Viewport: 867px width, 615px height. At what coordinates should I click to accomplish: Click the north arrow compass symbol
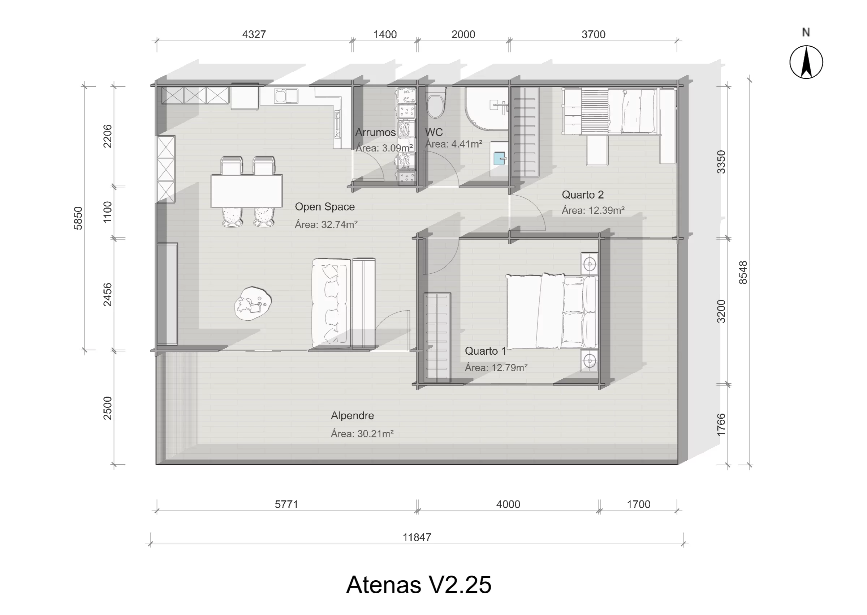click(806, 62)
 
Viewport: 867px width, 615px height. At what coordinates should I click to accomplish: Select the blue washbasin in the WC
click(500, 158)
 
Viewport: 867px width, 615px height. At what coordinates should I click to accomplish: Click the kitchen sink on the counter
click(286, 96)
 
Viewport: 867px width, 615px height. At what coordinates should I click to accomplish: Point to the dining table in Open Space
click(247, 191)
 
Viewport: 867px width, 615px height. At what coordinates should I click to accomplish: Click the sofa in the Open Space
click(330, 303)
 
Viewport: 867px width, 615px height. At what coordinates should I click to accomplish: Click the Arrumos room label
click(375, 132)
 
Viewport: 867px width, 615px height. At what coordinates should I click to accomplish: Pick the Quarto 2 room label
click(583, 195)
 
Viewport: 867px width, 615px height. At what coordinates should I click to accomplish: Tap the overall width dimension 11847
click(417, 537)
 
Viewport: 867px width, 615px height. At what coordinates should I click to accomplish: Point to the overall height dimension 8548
click(743, 273)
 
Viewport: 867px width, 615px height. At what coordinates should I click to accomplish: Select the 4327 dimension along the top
click(254, 34)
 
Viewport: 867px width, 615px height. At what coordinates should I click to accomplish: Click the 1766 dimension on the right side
click(721, 424)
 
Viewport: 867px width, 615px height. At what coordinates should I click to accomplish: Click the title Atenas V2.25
click(419, 584)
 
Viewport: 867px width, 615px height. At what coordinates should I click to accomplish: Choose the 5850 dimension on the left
click(78, 218)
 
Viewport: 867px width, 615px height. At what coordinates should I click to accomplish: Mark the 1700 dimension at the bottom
click(639, 504)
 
